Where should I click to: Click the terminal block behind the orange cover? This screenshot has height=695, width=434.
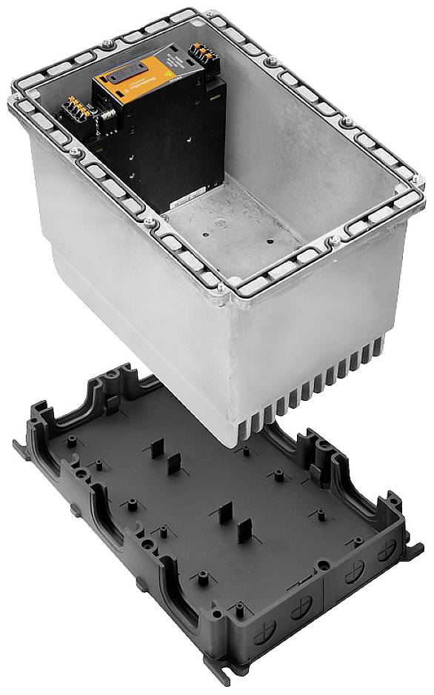coord(200,52)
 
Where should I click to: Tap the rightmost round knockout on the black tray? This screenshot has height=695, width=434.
coord(386,551)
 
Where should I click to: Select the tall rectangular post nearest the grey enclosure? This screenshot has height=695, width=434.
coord(158,450)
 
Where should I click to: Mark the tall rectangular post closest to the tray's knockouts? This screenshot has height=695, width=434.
coord(244,533)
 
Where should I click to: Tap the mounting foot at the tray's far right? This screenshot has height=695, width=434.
coord(419,548)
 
